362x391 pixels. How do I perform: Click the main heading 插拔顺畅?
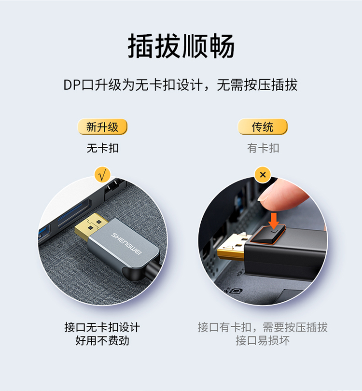point(181,46)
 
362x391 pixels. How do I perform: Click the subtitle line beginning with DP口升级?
point(181,85)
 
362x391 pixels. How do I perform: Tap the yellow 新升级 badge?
point(102,126)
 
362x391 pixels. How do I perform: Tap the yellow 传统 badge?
point(263,126)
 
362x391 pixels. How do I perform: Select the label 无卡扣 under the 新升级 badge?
point(102,148)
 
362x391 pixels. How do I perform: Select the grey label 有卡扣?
point(263,148)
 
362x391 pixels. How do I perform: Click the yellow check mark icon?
point(102,175)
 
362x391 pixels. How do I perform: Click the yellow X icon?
point(263,175)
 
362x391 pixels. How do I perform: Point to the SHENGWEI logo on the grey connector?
point(126,244)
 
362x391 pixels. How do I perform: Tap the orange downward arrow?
point(274,221)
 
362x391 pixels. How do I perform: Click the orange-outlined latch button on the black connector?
point(268,234)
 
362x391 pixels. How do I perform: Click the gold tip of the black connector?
point(231,247)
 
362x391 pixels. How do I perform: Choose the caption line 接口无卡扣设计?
point(102,327)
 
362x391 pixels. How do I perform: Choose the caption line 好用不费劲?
point(102,340)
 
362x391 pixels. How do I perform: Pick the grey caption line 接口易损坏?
point(263,340)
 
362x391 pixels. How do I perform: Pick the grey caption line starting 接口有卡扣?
point(263,327)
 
